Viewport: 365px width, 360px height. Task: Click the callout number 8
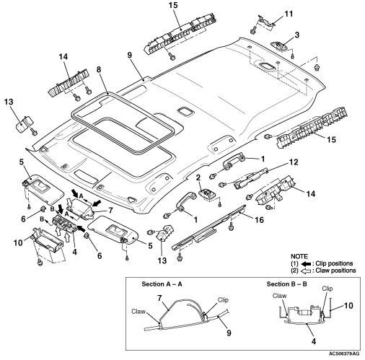[99, 69]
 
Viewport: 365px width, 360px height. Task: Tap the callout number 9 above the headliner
[130, 55]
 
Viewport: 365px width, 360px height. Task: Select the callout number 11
[289, 14]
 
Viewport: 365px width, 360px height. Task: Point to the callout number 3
[297, 35]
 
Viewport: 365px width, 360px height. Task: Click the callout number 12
[294, 162]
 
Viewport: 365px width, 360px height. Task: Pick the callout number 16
[259, 220]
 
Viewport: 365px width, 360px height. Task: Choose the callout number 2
[198, 177]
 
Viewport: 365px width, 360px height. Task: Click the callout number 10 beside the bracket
[18, 242]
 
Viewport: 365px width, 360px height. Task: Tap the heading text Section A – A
[162, 284]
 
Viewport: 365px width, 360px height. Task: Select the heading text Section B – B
[286, 284]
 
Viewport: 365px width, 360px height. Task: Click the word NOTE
[299, 256]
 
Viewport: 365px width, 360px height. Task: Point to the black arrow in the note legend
[306, 263]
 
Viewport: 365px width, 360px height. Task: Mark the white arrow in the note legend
[306, 271]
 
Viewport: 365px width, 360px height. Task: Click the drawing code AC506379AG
[344, 354]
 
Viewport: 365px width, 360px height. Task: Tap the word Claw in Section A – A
[138, 312]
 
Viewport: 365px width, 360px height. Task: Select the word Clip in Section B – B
[327, 289]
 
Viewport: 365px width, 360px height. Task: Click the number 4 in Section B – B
[314, 341]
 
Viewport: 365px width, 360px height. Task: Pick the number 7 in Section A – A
[159, 298]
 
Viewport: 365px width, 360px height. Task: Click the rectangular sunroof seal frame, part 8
[73, 113]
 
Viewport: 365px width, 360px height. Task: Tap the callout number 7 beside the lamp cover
[110, 211]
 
